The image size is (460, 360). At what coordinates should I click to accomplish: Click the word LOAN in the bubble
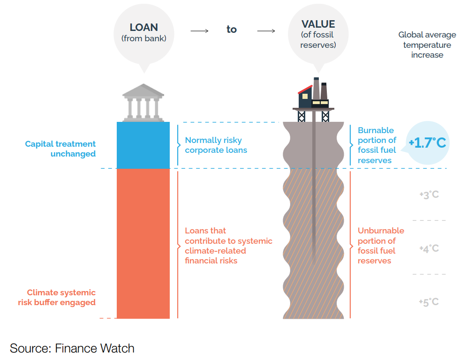pyautogui.click(x=144, y=27)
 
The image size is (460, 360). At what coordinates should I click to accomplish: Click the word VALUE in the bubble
pyautogui.click(x=318, y=24)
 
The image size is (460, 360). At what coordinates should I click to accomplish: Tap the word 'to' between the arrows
pyautogui.click(x=232, y=30)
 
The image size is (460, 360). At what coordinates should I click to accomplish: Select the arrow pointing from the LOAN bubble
pyautogui.click(x=199, y=31)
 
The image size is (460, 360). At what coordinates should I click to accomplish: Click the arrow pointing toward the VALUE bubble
pyautogui.click(x=266, y=31)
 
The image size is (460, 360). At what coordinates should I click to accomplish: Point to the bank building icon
pyautogui.click(x=143, y=103)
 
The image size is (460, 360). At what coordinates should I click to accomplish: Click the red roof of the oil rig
pyautogui.click(x=305, y=90)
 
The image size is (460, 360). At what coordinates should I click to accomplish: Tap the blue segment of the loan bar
pyautogui.click(x=143, y=145)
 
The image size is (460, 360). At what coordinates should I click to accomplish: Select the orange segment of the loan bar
pyautogui.click(x=143, y=243)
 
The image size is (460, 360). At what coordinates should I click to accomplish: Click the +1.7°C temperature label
pyautogui.click(x=428, y=143)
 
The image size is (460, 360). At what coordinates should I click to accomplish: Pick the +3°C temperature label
pyautogui.click(x=429, y=195)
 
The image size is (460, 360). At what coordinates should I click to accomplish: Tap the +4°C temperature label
pyautogui.click(x=429, y=248)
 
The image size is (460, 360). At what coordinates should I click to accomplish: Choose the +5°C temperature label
pyautogui.click(x=429, y=302)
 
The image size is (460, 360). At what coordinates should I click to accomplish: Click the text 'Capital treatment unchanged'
pyautogui.click(x=60, y=149)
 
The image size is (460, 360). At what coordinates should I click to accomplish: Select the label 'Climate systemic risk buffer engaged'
pyautogui.click(x=57, y=297)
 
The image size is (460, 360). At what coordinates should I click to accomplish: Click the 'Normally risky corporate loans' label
pyautogui.click(x=216, y=145)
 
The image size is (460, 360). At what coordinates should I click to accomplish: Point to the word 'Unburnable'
pyautogui.click(x=381, y=231)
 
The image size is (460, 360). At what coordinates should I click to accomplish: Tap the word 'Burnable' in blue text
pyautogui.click(x=376, y=130)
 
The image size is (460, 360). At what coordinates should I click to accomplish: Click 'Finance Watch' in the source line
pyautogui.click(x=94, y=348)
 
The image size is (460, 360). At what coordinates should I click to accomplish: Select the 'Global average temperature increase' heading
pyautogui.click(x=427, y=45)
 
